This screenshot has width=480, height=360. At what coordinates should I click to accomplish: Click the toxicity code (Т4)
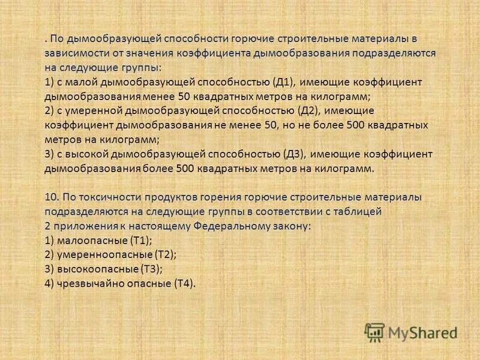184,283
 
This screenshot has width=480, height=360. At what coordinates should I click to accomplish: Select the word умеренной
95,111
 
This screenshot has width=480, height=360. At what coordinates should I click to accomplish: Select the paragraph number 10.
51,197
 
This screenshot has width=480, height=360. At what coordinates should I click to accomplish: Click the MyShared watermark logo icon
374,332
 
